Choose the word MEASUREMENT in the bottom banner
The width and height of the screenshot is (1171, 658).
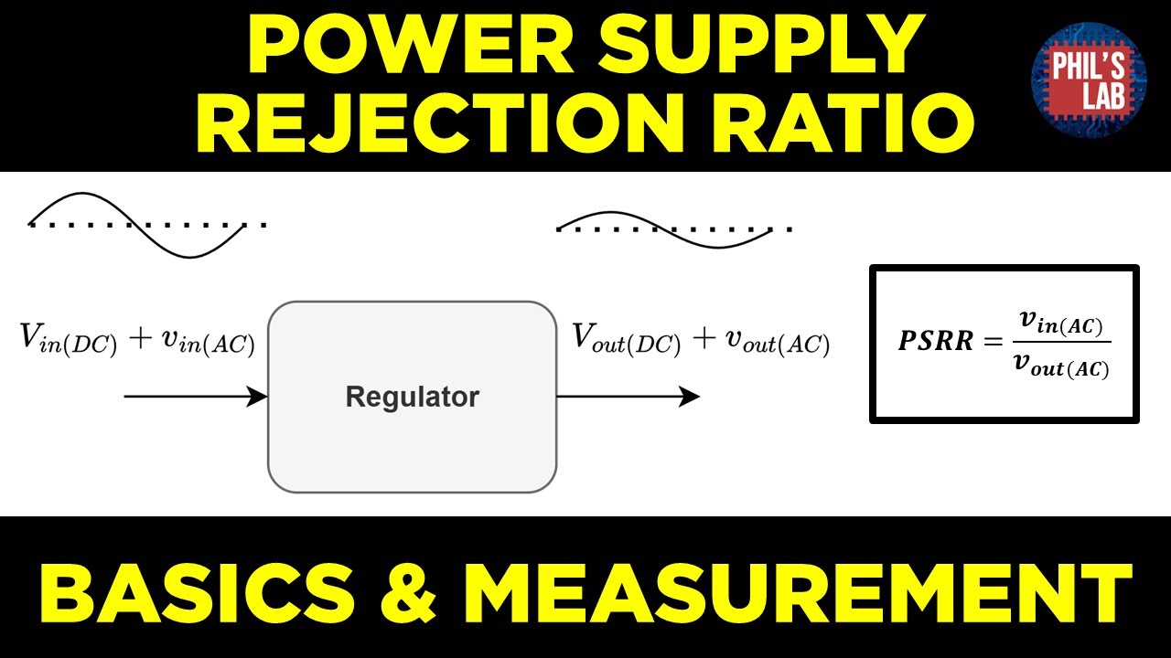pos(797,591)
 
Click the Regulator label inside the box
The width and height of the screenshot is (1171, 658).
pos(412,398)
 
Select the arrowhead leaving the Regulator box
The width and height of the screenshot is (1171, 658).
pos(692,397)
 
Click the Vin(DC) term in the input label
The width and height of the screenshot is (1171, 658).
pos(69,341)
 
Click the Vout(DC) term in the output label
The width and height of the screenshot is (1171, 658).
pos(627,341)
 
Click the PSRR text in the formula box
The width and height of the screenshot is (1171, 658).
pos(934,341)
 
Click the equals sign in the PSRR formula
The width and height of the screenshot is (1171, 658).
pos(994,342)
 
